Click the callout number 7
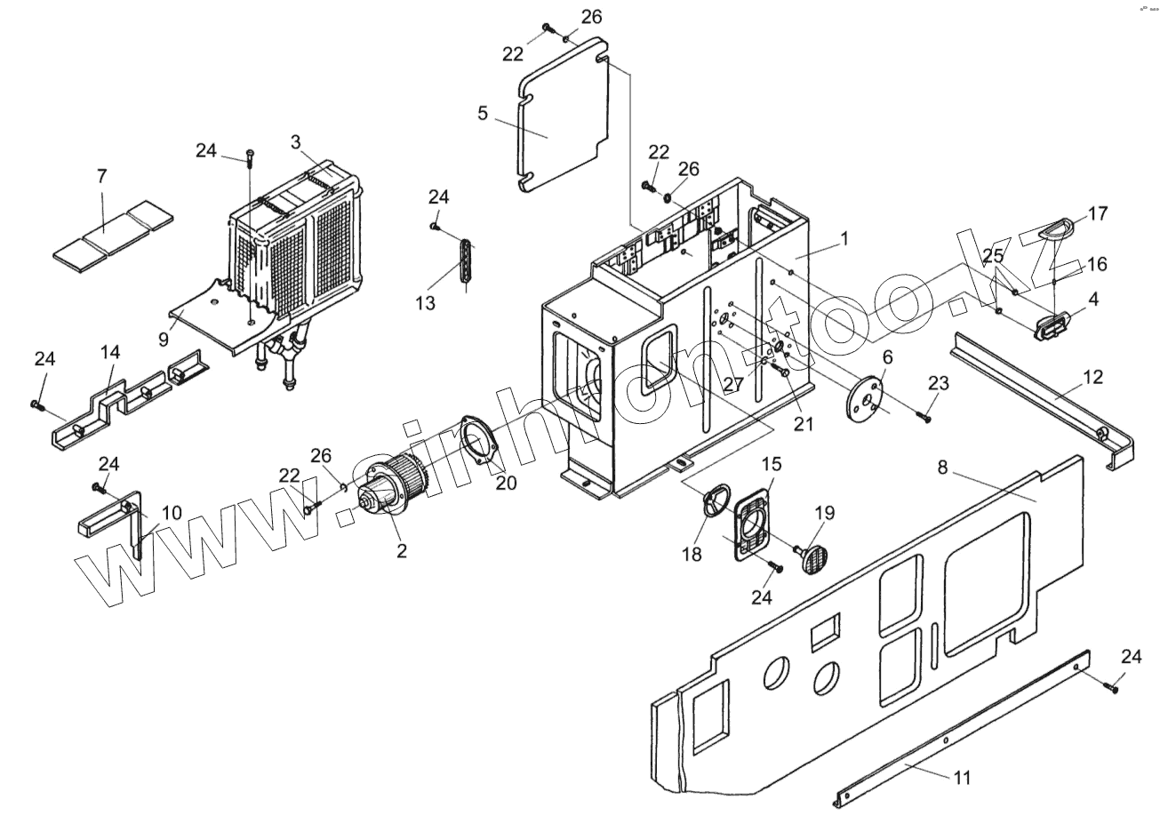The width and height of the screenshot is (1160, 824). (x=101, y=176)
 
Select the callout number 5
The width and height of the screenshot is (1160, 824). (x=483, y=113)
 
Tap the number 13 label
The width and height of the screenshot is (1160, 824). (x=425, y=303)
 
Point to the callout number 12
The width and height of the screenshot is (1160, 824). (x=1092, y=377)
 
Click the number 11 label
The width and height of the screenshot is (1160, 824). (x=962, y=778)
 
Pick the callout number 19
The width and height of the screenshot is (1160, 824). (x=824, y=512)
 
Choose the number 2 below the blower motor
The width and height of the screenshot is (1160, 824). (x=402, y=551)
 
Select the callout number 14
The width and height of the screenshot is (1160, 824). (x=109, y=352)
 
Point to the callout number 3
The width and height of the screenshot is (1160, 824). (x=295, y=141)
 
